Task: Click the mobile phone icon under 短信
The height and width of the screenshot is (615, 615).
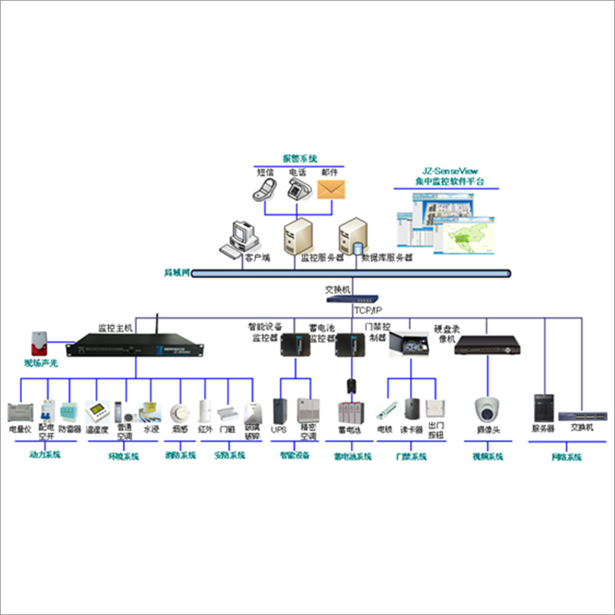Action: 265,189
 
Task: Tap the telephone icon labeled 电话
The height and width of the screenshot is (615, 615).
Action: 297,189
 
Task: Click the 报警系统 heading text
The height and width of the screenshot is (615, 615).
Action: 300,159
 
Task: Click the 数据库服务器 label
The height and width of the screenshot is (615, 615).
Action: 387,257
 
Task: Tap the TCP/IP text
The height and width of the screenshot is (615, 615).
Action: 369,311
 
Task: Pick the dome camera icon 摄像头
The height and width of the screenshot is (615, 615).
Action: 485,410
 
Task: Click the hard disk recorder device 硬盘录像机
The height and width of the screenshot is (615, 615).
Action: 490,347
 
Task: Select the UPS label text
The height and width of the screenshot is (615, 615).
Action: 279,430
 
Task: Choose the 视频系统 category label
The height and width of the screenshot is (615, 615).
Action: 487,457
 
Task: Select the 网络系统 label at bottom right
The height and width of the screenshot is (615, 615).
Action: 566,457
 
